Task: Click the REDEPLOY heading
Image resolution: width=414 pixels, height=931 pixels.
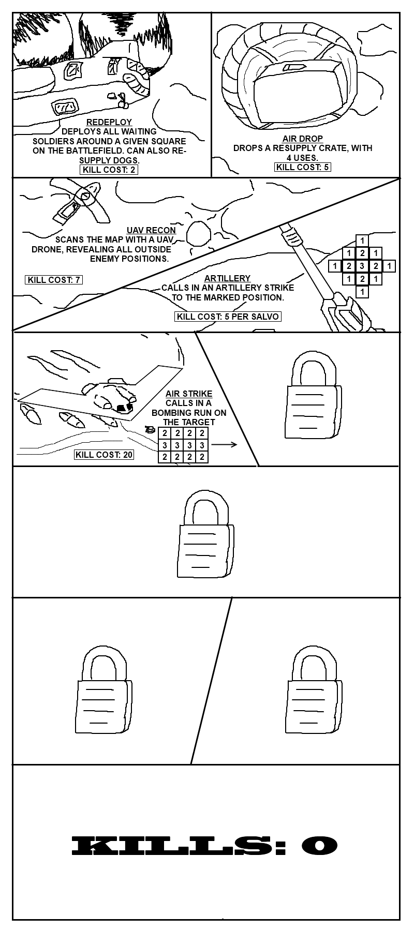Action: pos(109,122)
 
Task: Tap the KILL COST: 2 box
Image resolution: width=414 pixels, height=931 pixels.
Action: pos(109,170)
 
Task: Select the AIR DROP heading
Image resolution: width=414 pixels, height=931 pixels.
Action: pos(303,139)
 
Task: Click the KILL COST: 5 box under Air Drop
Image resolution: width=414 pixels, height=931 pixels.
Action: pos(303,167)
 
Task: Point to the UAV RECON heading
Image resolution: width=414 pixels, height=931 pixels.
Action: pos(151,230)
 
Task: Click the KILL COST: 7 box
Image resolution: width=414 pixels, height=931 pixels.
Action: pos(54,280)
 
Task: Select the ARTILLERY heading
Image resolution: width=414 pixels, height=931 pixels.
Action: pos(227,278)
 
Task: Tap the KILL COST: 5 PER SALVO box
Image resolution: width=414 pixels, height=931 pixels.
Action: pos(228,317)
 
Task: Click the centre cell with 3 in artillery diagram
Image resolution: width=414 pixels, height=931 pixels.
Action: pos(363,266)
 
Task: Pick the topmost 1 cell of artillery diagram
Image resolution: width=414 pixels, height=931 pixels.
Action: pos(363,241)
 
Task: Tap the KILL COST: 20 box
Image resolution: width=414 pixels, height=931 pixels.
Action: pos(103,455)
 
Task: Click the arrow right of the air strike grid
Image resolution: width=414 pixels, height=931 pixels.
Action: pos(224,444)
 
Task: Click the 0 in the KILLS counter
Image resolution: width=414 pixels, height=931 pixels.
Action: pos(319,846)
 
